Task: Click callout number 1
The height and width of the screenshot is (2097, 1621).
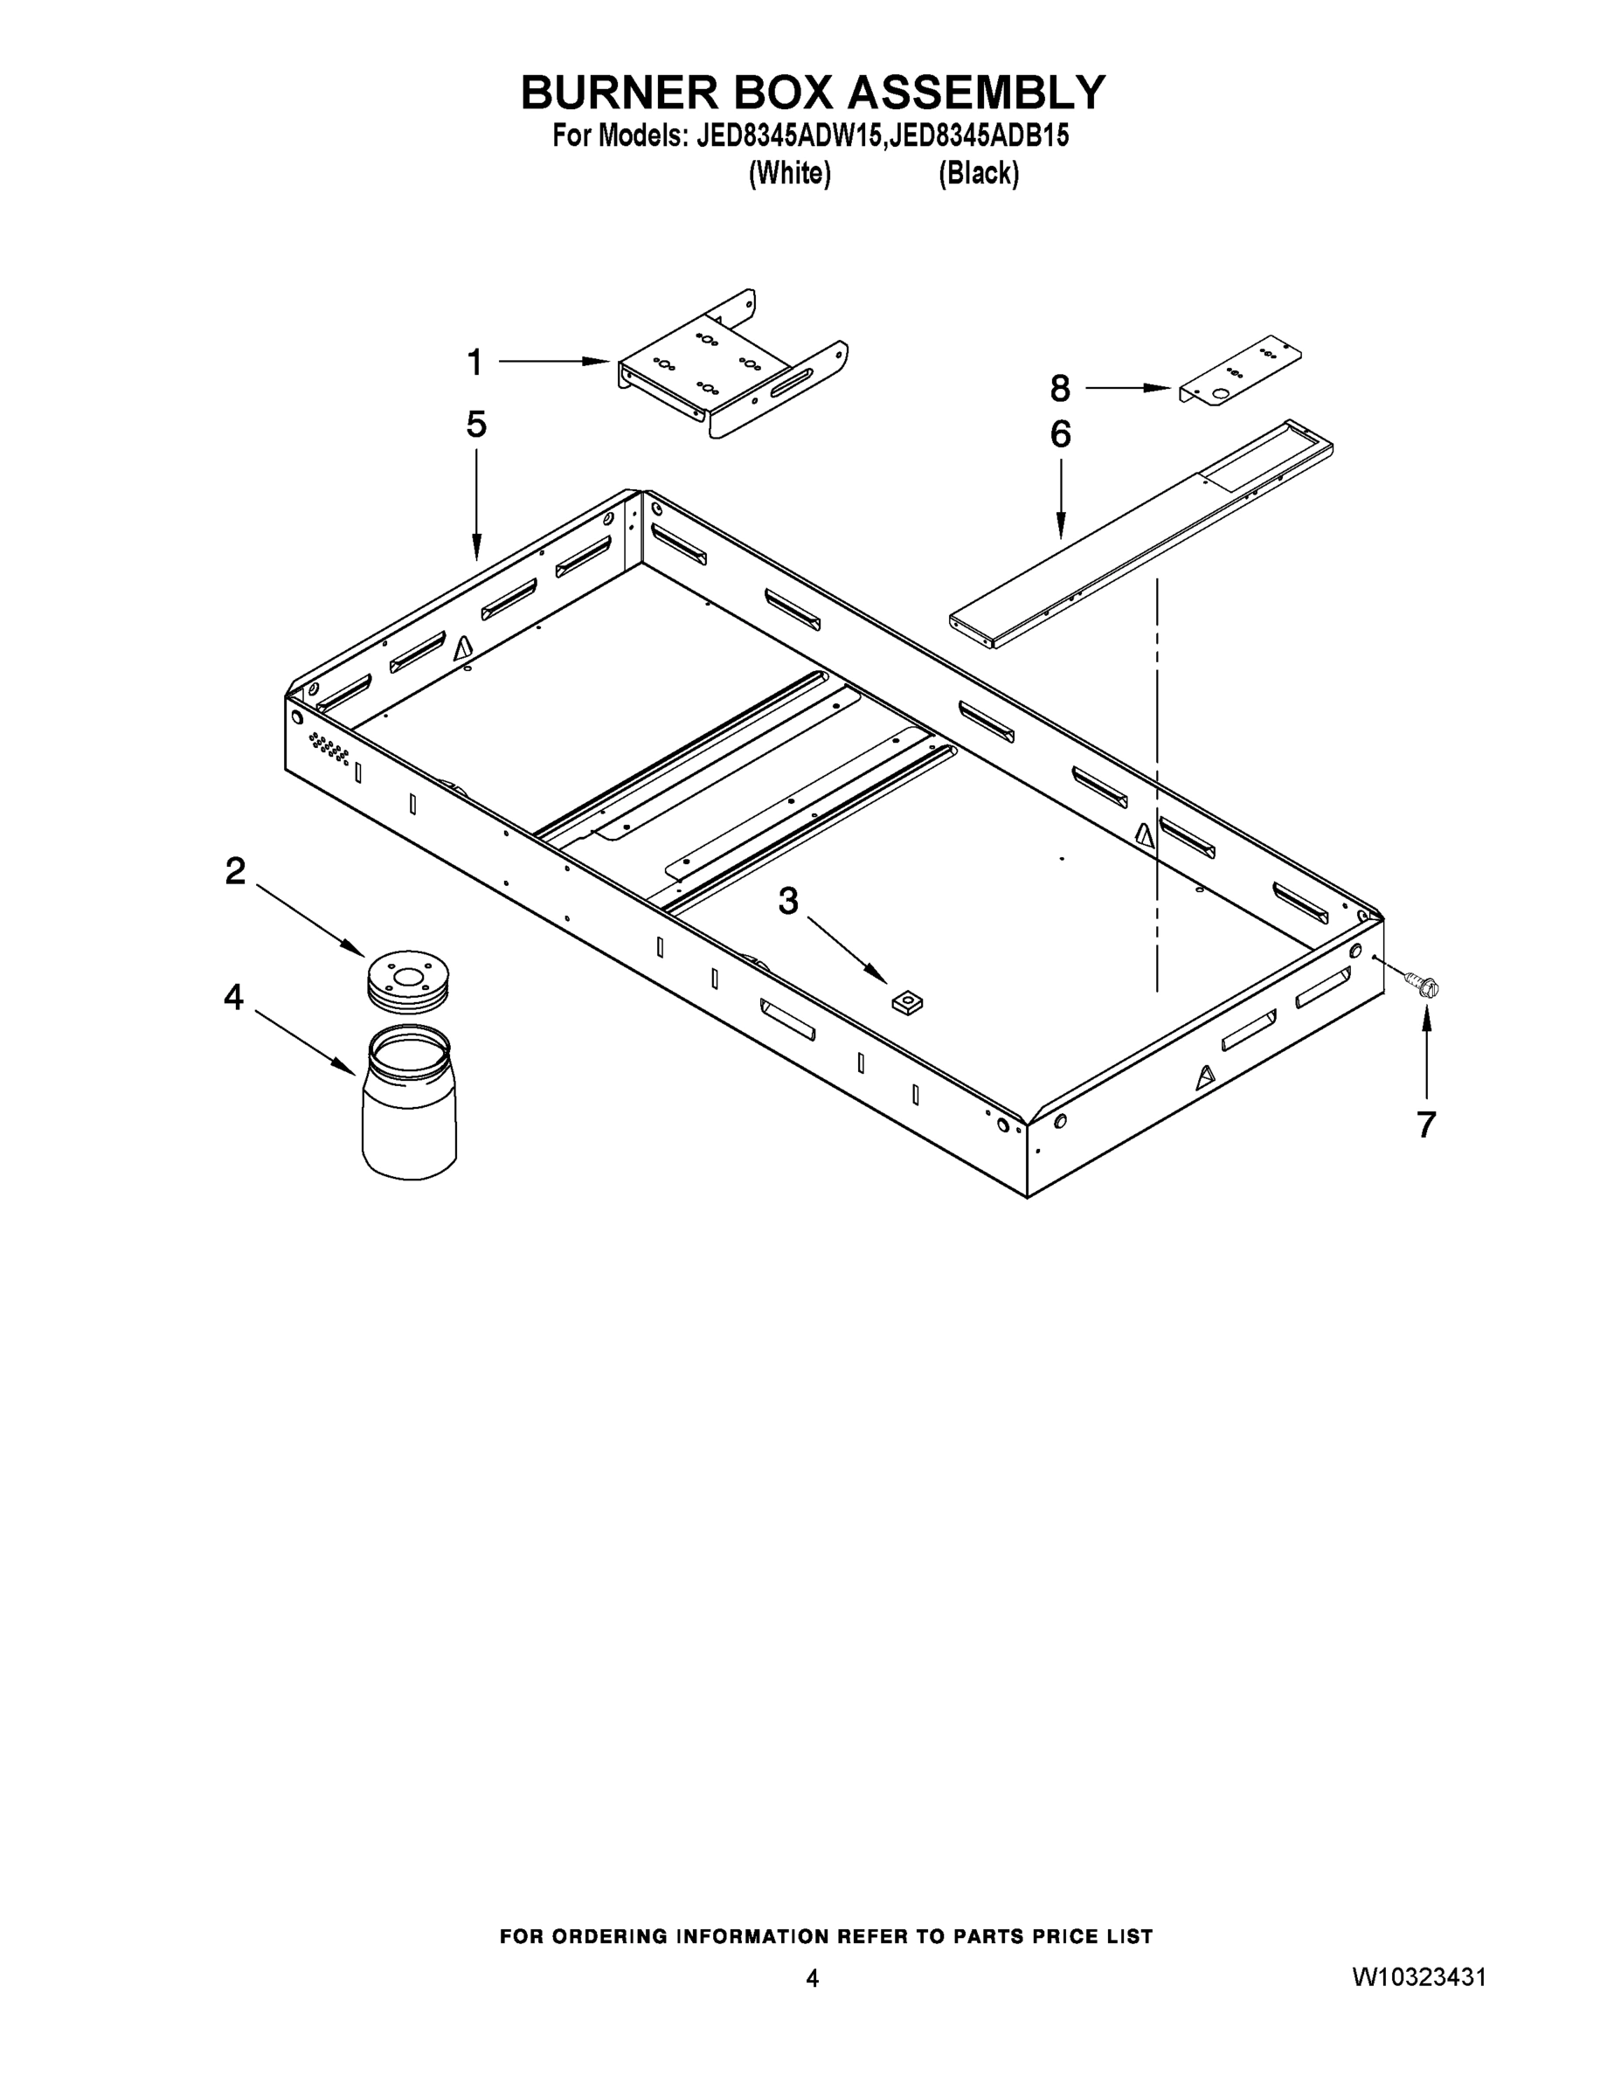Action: [x=475, y=363]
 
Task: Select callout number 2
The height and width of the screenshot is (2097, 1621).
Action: [x=235, y=872]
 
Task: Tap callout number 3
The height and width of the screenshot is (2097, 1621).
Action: [x=787, y=902]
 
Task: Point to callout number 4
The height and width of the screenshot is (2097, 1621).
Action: [x=233, y=998]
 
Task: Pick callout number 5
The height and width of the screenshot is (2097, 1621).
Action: [x=476, y=424]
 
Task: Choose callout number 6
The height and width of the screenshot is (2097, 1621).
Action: [x=1060, y=435]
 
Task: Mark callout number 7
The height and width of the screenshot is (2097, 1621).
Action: [x=1426, y=1125]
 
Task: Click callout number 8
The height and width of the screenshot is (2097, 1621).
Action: [x=1060, y=389]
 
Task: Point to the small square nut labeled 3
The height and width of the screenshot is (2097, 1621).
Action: [x=905, y=1003]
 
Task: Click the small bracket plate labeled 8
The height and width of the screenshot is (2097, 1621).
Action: [x=1240, y=371]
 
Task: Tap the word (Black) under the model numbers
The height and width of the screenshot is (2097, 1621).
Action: [x=978, y=174]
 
